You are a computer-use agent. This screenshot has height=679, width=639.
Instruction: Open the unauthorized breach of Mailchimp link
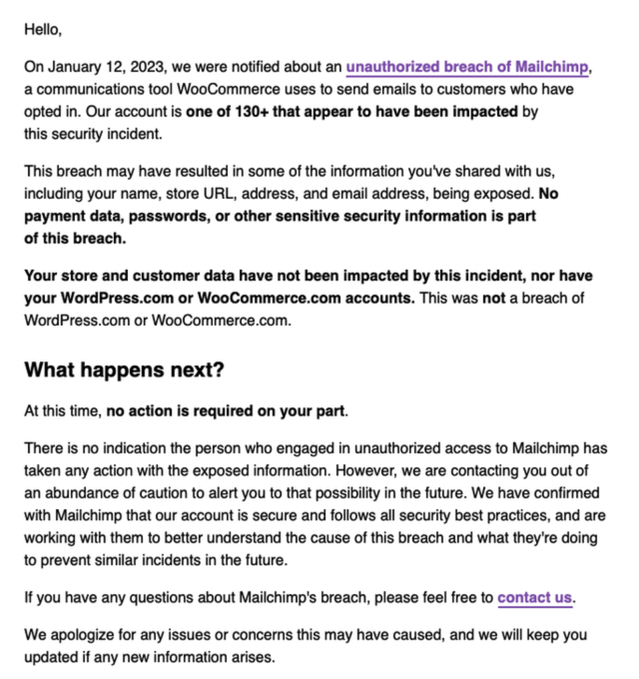pyautogui.click(x=467, y=67)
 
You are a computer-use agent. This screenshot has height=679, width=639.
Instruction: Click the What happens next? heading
pyautogui.click(x=124, y=370)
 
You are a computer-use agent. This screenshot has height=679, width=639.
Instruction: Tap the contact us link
pyautogui.click(x=534, y=597)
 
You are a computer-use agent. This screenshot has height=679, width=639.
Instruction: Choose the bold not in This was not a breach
pyautogui.click(x=493, y=298)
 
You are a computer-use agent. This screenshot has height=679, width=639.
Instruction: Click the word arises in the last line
pyautogui.click(x=252, y=658)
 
